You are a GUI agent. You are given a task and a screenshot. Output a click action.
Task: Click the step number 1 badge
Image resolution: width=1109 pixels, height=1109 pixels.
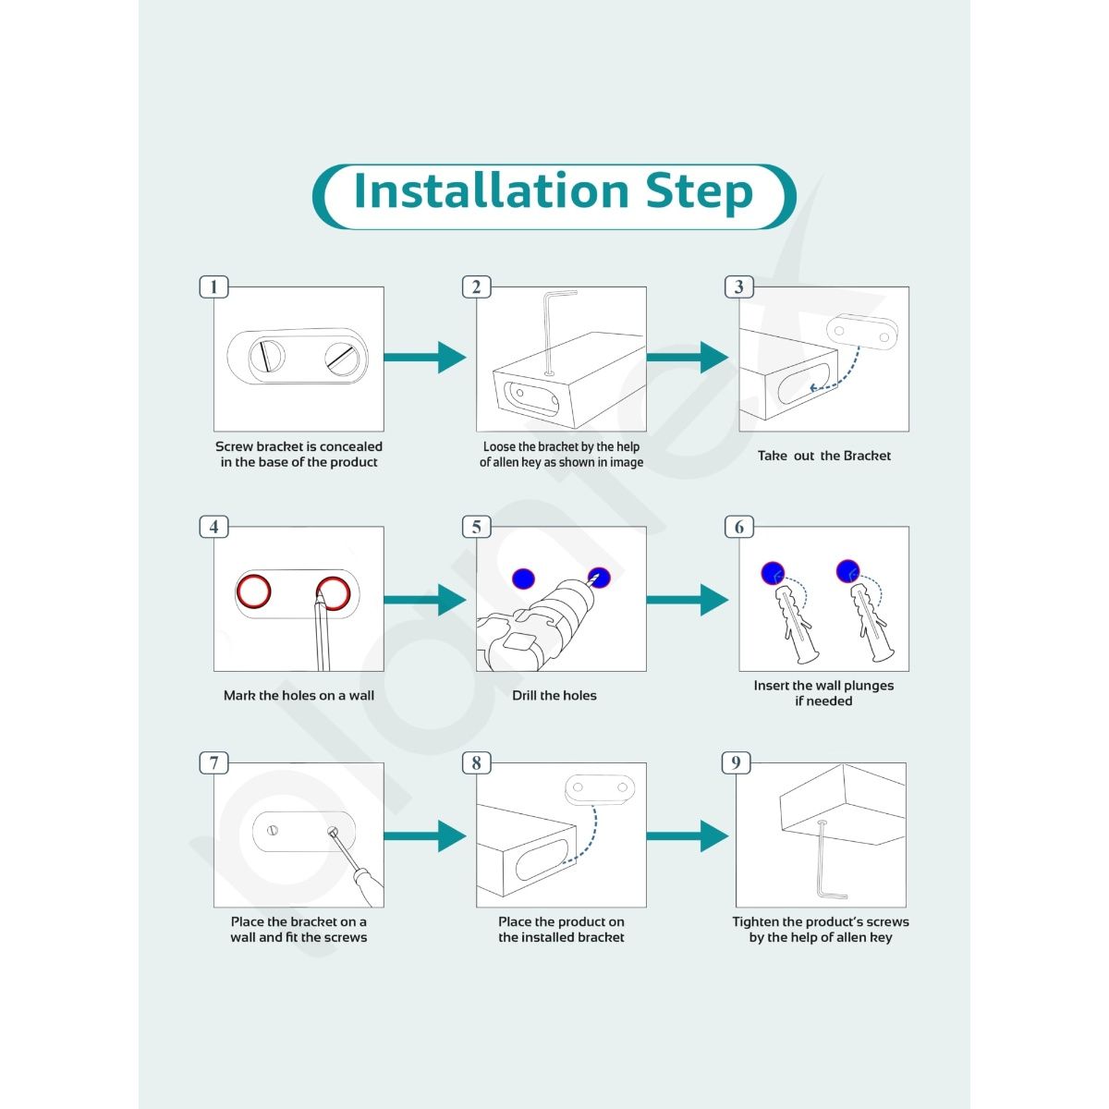(x=213, y=286)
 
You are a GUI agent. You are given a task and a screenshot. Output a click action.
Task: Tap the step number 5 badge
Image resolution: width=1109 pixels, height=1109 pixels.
(x=476, y=527)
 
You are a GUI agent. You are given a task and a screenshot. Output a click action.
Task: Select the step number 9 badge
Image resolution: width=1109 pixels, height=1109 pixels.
(x=736, y=762)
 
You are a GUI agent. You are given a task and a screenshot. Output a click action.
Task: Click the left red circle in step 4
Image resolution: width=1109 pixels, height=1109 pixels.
(x=252, y=591)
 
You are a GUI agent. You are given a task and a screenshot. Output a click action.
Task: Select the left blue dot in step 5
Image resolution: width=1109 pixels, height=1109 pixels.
(x=524, y=579)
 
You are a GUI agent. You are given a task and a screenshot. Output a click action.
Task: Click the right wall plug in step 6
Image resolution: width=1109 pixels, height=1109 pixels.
(x=870, y=624)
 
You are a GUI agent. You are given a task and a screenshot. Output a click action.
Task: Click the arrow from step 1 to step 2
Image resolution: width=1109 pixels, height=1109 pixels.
(x=424, y=357)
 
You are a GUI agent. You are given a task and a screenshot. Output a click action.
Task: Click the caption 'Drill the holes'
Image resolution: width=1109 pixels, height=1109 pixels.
(x=554, y=695)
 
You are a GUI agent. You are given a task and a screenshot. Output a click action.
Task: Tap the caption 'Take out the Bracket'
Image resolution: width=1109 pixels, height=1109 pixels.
(x=824, y=456)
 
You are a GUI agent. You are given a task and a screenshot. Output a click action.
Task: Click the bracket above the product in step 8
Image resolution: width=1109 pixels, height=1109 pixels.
(x=599, y=788)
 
